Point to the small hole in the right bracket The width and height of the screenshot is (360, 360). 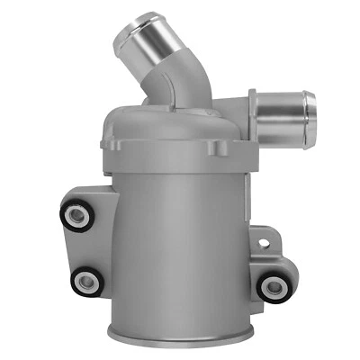(263, 240)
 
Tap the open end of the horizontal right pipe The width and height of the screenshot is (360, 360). (309, 112)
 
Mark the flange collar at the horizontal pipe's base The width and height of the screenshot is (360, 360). (253, 113)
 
